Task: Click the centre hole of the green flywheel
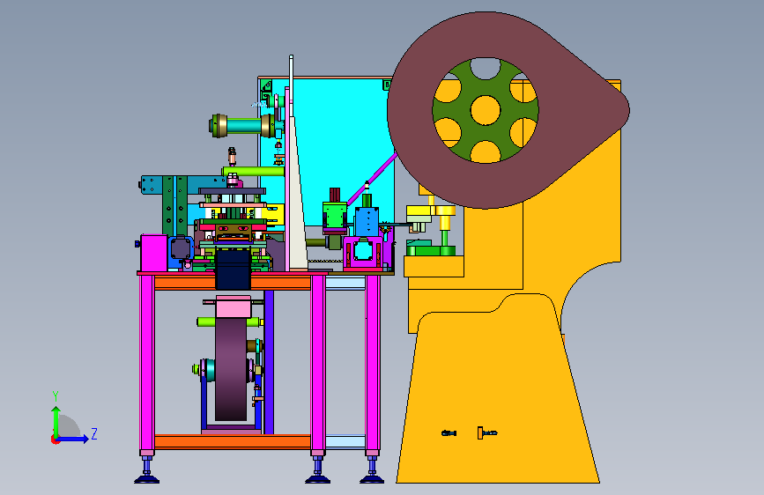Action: pyautogui.click(x=486, y=110)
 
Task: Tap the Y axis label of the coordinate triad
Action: pyautogui.click(x=56, y=395)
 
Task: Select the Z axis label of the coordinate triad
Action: pyautogui.click(x=94, y=433)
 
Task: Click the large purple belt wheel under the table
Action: pyautogui.click(x=231, y=369)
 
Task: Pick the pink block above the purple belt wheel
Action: pyautogui.click(x=234, y=307)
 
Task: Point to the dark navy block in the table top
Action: pyautogui.click(x=233, y=270)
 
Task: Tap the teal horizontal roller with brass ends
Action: pyautogui.click(x=242, y=126)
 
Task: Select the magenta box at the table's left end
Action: pyautogui.click(x=154, y=253)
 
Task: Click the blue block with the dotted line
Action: pyautogui.click(x=367, y=222)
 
